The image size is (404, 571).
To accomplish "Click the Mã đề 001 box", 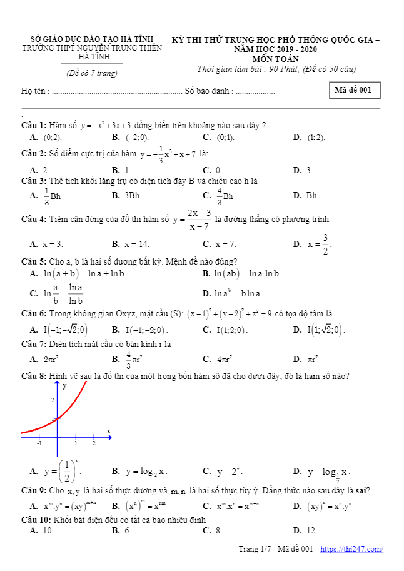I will click(353, 90).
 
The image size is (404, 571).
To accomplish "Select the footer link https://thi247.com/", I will click(351, 549).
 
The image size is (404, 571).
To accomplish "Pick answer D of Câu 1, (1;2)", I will click(316, 138).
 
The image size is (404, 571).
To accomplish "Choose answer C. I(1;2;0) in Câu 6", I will click(231, 330).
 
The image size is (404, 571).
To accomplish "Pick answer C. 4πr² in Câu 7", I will click(224, 360).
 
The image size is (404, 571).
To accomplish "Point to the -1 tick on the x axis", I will click(39, 443).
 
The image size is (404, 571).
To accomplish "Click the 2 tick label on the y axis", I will click(53, 399).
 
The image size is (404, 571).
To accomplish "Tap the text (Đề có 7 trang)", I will click(92, 73).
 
